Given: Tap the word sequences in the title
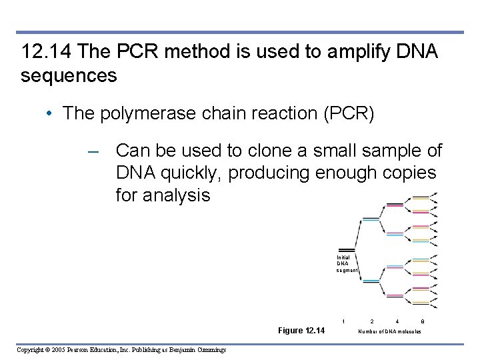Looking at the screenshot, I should click(x=69, y=76).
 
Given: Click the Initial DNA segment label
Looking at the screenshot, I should click(x=346, y=263).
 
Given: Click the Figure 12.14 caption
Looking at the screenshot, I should click(x=301, y=331).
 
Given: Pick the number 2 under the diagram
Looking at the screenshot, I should click(x=372, y=321).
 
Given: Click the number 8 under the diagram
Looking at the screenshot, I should click(x=423, y=321).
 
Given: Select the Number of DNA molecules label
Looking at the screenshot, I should click(x=389, y=331).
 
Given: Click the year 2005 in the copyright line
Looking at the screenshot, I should click(x=55, y=350).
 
